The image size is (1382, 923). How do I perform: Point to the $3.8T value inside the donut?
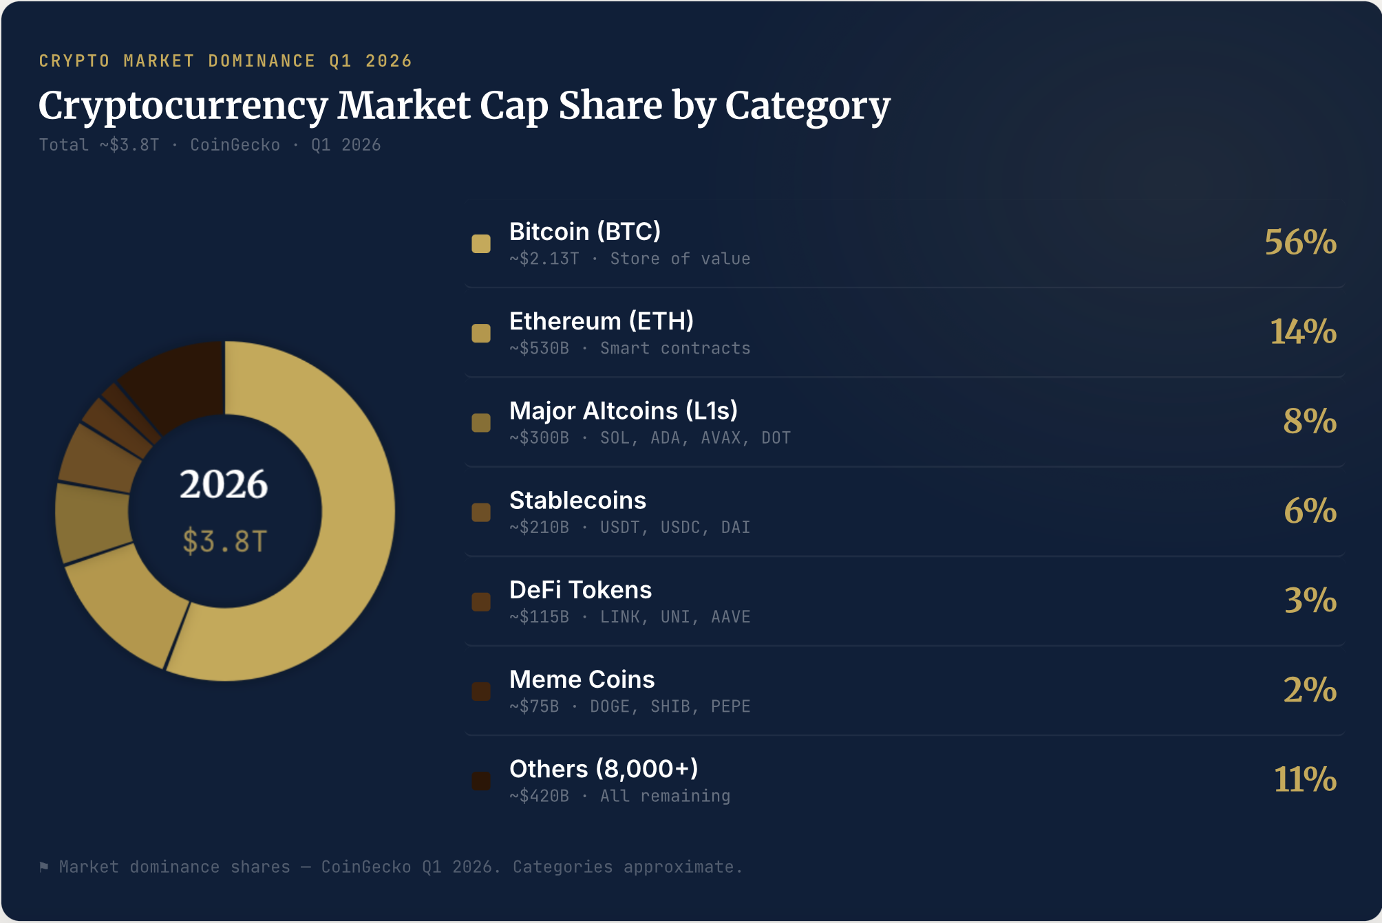click(x=224, y=541)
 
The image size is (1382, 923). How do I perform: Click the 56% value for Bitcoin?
click(x=1300, y=242)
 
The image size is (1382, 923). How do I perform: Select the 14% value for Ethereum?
click(x=1303, y=332)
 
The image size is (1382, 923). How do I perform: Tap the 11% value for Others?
click(x=1305, y=779)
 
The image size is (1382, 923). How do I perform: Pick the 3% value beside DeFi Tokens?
click(x=1310, y=600)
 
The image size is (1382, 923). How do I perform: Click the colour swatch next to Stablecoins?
click(x=481, y=512)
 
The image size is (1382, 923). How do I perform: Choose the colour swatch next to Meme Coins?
click(x=481, y=691)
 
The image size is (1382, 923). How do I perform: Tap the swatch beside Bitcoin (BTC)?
click(x=481, y=243)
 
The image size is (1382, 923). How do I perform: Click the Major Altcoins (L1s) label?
click(x=623, y=411)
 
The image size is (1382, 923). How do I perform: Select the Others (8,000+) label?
click(x=604, y=769)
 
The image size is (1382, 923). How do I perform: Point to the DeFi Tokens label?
click(x=580, y=590)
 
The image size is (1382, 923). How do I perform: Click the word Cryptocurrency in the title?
click(x=183, y=106)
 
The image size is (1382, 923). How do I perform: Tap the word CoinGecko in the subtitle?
click(x=235, y=145)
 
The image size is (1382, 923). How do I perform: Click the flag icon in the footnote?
click(x=44, y=867)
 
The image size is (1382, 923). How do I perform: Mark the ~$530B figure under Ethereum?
click(x=539, y=349)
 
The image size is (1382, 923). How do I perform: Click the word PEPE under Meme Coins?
click(x=730, y=707)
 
